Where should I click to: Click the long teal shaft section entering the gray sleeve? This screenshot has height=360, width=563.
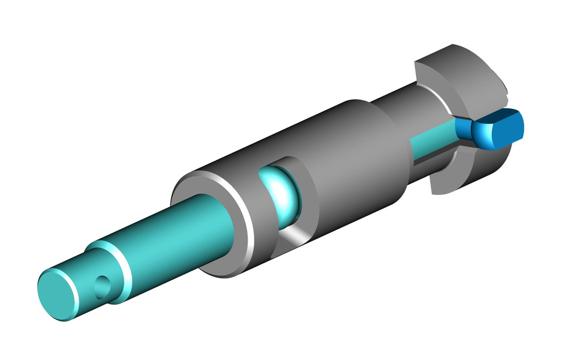pos(170,235)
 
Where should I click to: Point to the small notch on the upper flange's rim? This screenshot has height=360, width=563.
pos(505,91)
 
